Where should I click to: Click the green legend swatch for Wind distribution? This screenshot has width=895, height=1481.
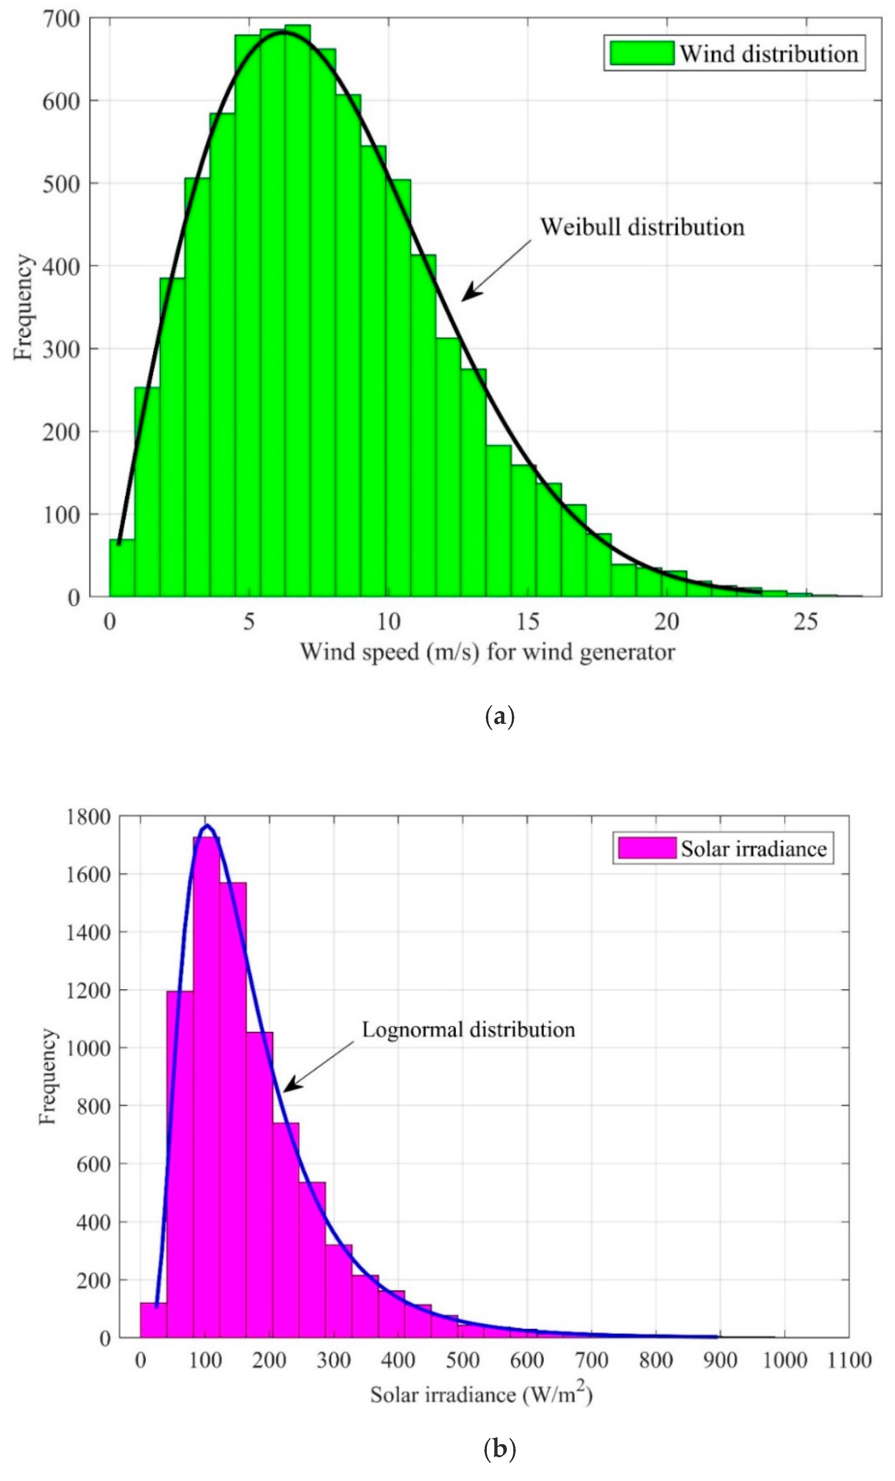click(x=642, y=54)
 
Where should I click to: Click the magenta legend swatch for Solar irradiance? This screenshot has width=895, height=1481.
click(x=646, y=848)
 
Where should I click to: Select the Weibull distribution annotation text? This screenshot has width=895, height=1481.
click(x=642, y=227)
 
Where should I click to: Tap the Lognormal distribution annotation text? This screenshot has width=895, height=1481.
click(x=468, y=1030)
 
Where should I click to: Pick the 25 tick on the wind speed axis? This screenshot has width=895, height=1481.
click(x=806, y=622)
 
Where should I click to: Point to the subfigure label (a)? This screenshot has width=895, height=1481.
click(x=499, y=717)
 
